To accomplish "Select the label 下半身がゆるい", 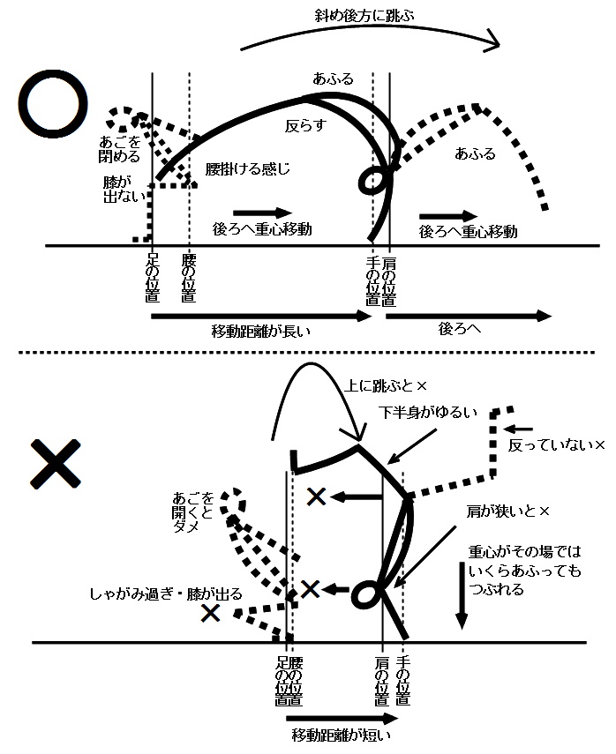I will [427, 412].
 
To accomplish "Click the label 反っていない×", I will [556, 446].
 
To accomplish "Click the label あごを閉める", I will [122, 149].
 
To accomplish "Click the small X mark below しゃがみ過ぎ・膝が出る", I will [210, 613].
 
